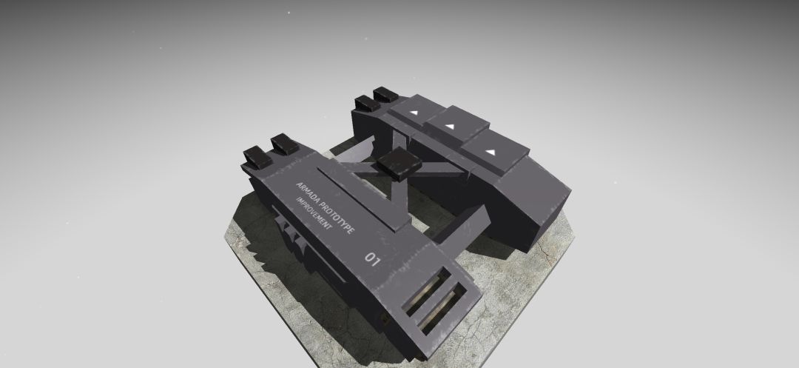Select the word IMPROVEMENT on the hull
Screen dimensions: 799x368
click(x=314, y=213)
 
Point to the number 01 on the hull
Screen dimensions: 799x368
click(x=372, y=259)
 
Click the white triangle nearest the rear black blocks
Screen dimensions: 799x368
click(x=414, y=112)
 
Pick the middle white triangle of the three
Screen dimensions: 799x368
click(x=450, y=126)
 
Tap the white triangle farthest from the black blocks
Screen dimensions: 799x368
click(x=490, y=152)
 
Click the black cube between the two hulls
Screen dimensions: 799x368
click(x=399, y=163)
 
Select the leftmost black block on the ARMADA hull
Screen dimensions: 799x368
click(x=257, y=157)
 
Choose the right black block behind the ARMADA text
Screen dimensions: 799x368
click(x=284, y=144)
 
